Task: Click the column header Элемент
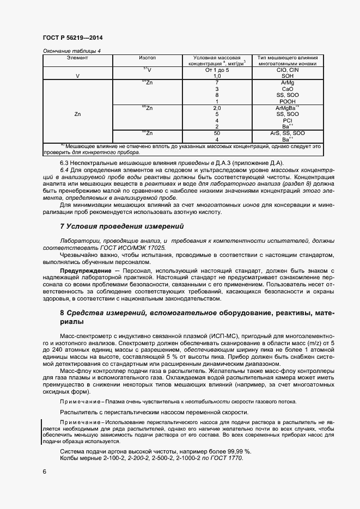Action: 77,57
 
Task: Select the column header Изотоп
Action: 147,57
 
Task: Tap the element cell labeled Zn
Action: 77,114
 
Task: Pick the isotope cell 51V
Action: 147,70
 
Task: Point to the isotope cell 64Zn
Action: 147,82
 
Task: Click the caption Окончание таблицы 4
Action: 72,51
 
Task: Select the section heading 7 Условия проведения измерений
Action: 121,226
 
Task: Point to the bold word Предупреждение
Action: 81,271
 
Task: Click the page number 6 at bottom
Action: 44,471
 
